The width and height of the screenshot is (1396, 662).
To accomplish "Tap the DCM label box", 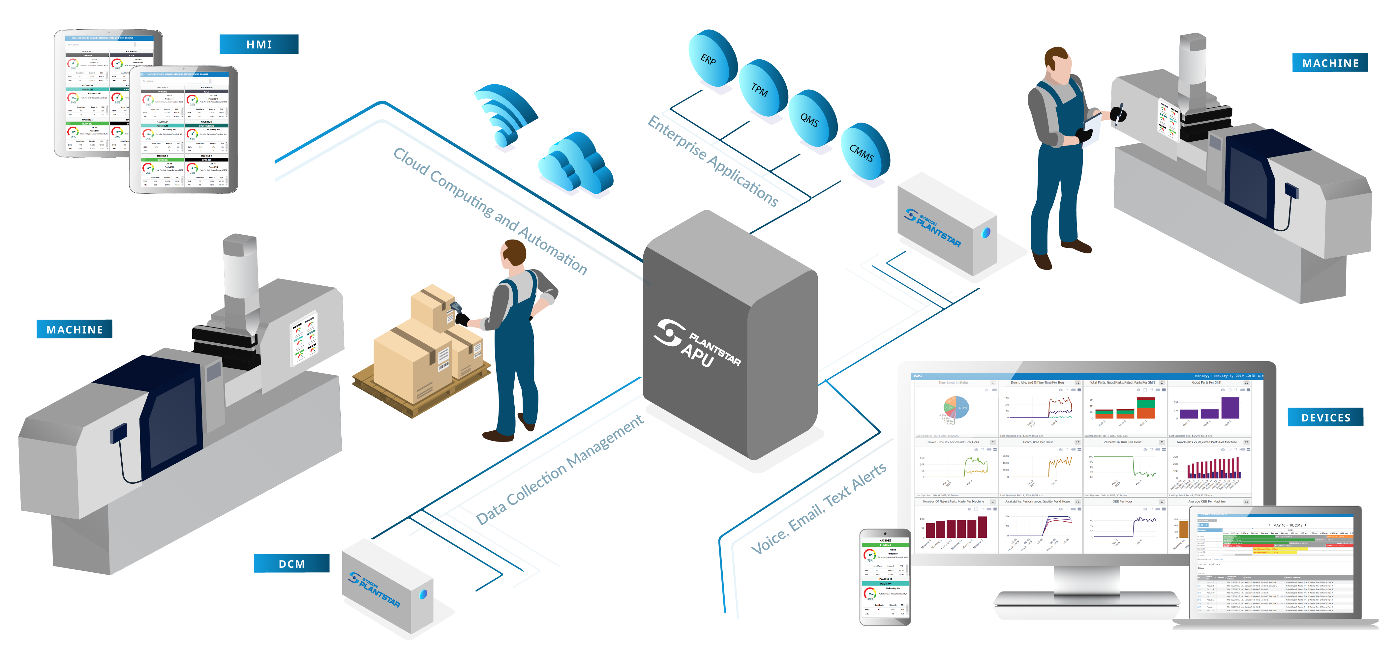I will tap(291, 563).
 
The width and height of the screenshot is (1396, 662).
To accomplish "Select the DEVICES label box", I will tap(1325, 417).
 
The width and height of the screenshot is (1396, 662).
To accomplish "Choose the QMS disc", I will tap(812, 119).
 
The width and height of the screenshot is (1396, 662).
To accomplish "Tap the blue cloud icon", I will tap(576, 163).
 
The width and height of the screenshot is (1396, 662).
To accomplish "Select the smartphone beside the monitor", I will tap(885, 577).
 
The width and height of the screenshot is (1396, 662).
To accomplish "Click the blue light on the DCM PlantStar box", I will tap(423, 594).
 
